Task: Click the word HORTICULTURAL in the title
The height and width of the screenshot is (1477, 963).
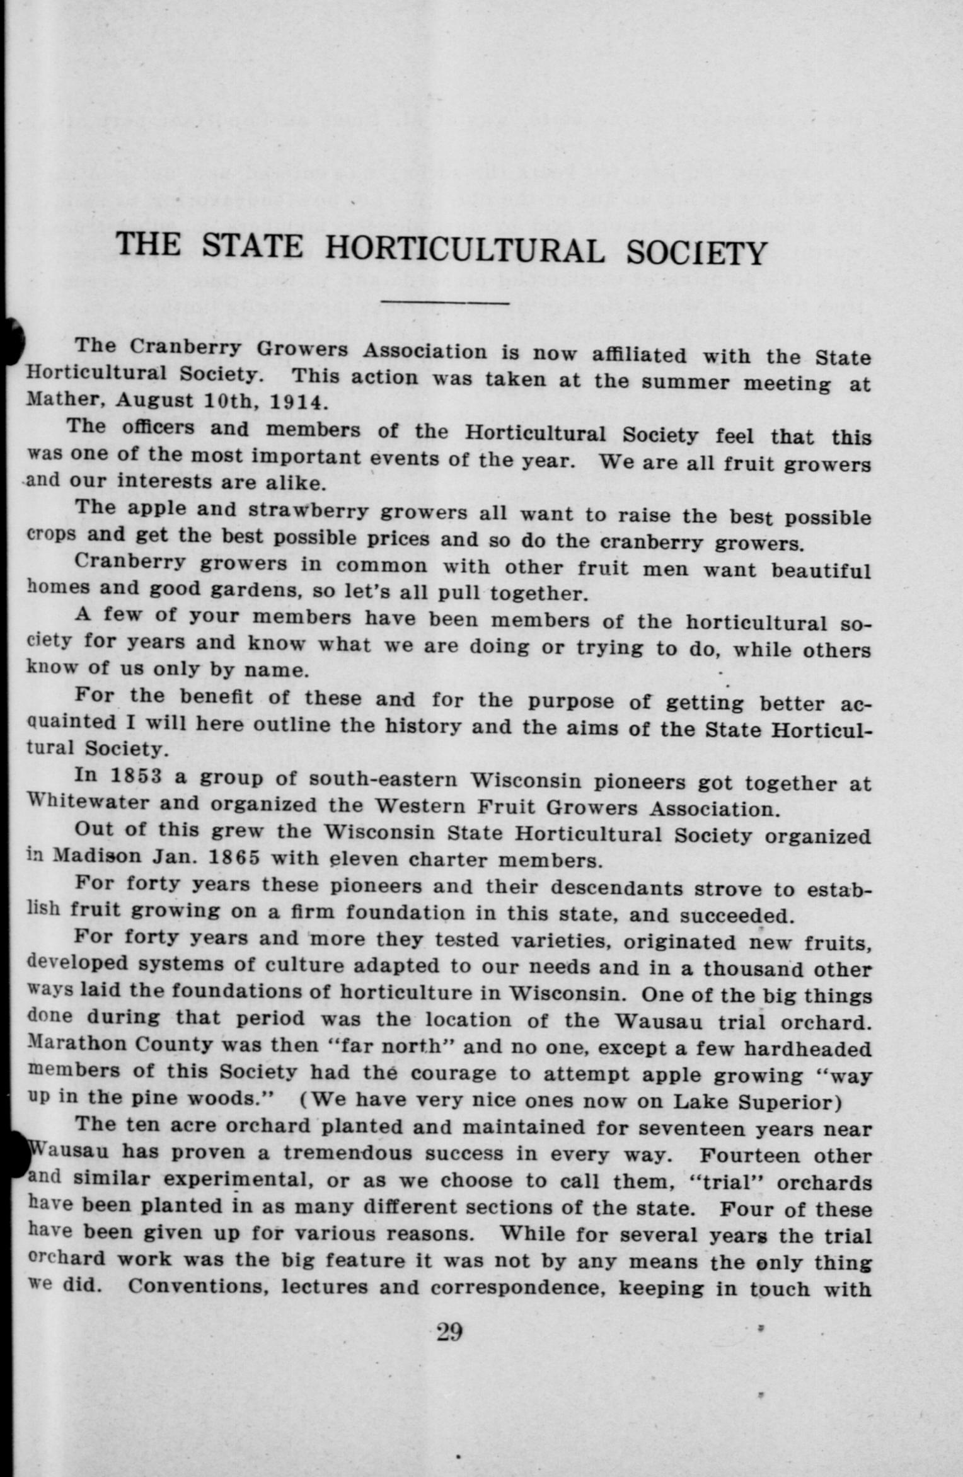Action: (x=464, y=249)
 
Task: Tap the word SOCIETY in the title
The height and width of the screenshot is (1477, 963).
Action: (x=697, y=254)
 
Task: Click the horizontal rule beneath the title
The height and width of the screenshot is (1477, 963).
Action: (x=445, y=304)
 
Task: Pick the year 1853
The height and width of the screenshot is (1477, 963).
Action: (x=137, y=776)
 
